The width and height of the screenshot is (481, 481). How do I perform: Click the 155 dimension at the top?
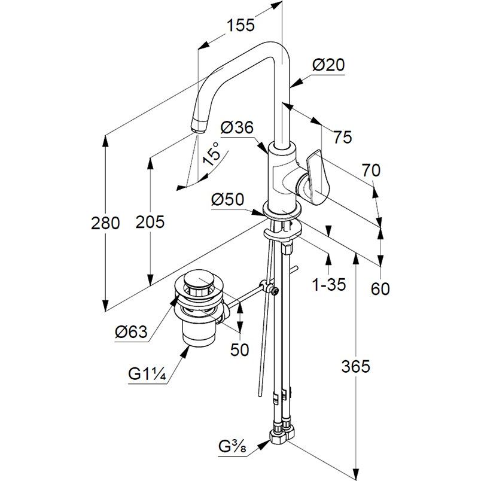coord(240,25)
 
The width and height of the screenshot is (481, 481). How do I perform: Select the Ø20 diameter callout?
coord(328,65)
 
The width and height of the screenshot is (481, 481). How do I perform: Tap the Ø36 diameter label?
coord(237,127)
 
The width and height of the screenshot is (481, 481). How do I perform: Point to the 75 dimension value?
coord(343,137)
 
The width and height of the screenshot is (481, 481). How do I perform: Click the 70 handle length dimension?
coord(370,171)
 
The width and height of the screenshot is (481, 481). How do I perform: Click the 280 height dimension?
coord(105,223)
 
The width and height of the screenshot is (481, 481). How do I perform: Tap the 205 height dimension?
coord(149,222)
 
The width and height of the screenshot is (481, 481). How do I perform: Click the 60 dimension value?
coord(380,289)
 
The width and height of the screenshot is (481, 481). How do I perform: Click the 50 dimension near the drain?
coord(239,349)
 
